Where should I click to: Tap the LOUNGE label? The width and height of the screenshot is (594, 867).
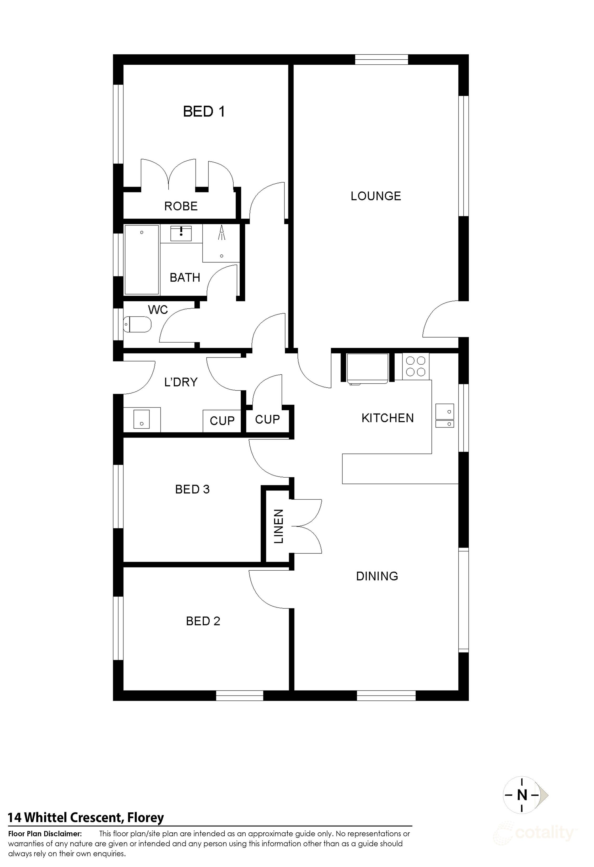(x=376, y=196)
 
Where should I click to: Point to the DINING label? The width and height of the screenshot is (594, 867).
(x=377, y=576)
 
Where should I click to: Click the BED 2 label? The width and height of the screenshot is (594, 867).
(x=203, y=621)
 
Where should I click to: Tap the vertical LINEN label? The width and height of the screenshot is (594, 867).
(x=279, y=527)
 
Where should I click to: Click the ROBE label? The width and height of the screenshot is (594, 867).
(x=181, y=206)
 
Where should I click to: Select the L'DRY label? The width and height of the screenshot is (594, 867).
(x=181, y=382)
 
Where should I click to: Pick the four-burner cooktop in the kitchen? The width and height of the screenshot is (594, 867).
(x=416, y=366)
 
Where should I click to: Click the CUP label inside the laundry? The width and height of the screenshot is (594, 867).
(x=222, y=421)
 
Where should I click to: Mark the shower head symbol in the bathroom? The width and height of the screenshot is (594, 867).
(x=222, y=233)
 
